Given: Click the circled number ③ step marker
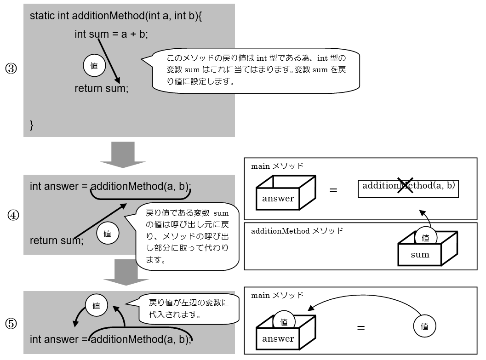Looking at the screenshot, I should [x=11, y=69].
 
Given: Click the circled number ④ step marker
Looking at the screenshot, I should [x=13, y=215].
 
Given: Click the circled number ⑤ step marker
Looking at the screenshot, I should [x=11, y=324].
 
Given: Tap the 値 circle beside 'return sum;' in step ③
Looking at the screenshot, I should [x=94, y=66].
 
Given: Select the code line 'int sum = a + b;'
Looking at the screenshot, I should [x=111, y=34].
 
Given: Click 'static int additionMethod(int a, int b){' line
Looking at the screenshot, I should [x=119, y=16].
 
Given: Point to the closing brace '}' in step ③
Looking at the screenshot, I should [x=32, y=125].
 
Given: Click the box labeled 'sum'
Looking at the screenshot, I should [x=420, y=254].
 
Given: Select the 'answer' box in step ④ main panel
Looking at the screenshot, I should [x=278, y=199].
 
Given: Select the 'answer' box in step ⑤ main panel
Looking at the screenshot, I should [x=278, y=339].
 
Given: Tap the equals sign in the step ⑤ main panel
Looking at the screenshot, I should [x=361, y=328].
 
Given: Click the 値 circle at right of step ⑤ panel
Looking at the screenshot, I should [x=424, y=326].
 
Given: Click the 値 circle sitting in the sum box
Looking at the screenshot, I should [x=425, y=237].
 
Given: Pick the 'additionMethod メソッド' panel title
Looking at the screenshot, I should [x=297, y=231].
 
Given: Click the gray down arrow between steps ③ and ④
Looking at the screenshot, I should [x=123, y=154].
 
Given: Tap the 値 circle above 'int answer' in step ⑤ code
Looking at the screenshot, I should [x=97, y=305].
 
